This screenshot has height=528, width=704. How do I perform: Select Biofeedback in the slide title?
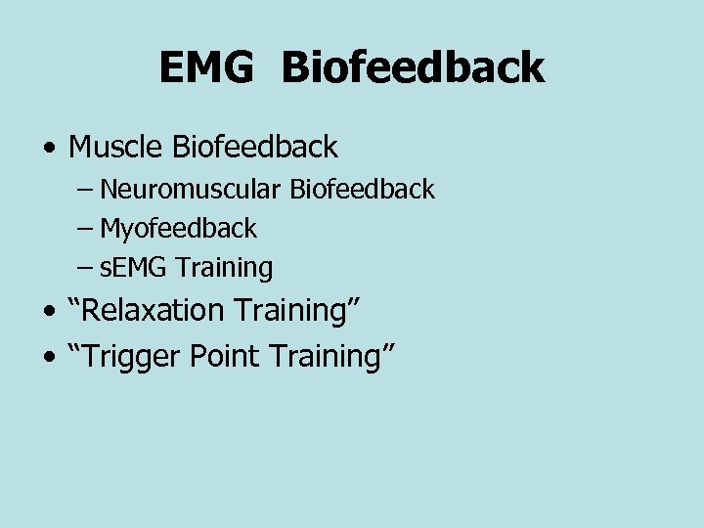(413, 68)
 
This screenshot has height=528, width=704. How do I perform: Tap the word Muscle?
(116, 148)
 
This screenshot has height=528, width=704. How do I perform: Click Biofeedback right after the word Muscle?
(255, 148)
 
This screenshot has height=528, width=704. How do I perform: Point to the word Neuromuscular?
(192, 190)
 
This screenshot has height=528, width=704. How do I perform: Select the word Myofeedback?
(178, 229)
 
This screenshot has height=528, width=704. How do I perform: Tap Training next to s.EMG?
(224, 268)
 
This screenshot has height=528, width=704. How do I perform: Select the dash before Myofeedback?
(85, 230)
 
